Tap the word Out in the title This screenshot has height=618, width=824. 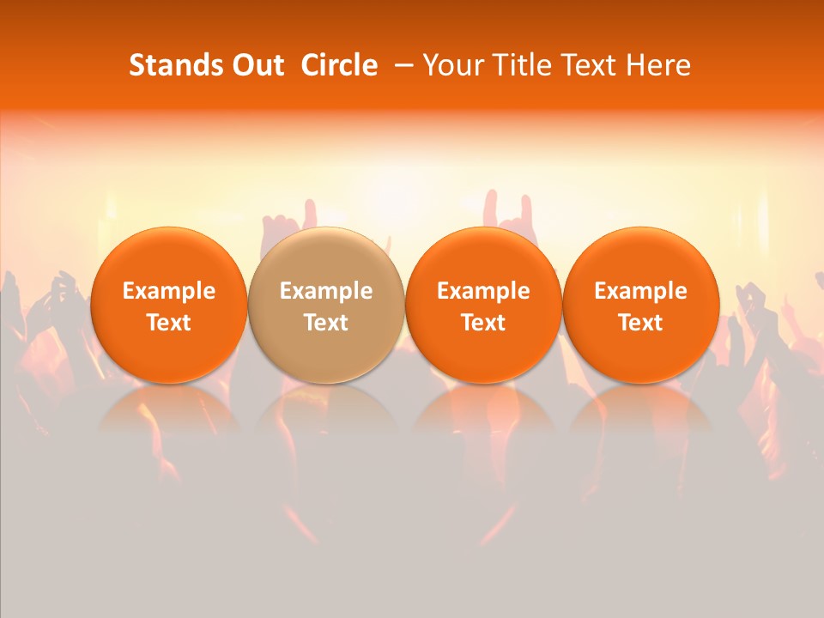click(x=256, y=65)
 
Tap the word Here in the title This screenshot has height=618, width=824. click(x=658, y=65)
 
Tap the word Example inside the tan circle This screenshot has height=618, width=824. click(x=326, y=291)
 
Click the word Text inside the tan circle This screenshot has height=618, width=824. click(x=326, y=323)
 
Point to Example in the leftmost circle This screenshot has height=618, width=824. click(x=169, y=291)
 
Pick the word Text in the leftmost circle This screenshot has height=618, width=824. click(x=169, y=323)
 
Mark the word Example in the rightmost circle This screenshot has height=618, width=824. click(x=640, y=291)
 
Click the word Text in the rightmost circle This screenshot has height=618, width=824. click(x=640, y=323)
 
